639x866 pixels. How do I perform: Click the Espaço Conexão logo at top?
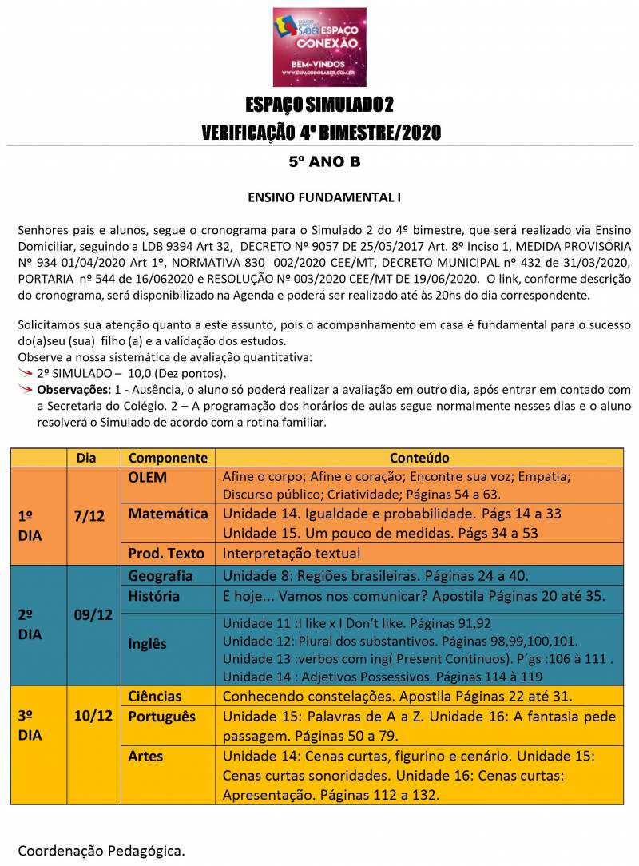click(319, 46)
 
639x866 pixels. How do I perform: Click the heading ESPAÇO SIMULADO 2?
click(319, 105)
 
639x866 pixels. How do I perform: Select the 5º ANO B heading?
click(324, 162)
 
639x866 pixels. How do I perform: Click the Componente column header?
click(168, 458)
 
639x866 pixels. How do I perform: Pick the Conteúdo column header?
click(419, 458)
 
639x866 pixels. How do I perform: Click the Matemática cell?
click(168, 514)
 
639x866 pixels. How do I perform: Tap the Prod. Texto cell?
click(166, 553)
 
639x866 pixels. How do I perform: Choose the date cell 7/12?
click(89, 516)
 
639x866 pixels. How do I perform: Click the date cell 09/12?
click(93, 616)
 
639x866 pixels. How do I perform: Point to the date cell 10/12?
click(93, 715)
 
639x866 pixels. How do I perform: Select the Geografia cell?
click(161, 576)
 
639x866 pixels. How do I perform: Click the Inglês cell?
click(147, 642)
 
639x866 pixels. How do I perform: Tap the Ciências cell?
click(155, 696)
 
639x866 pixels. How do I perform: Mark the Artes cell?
click(145, 756)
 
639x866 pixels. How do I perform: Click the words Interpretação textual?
click(292, 553)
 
